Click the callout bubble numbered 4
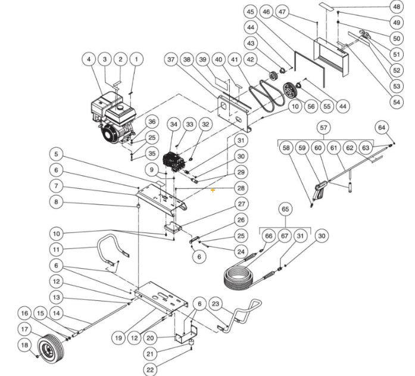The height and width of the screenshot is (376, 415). pyautogui.click(x=89, y=60)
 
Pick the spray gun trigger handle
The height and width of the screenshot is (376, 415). pyautogui.click(x=319, y=189)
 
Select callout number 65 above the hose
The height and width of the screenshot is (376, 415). pyautogui.click(x=285, y=209)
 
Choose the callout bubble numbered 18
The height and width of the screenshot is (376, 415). pyautogui.click(x=24, y=344)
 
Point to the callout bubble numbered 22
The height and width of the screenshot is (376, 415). pyautogui.click(x=151, y=370)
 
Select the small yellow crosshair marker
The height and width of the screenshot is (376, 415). pyautogui.click(x=213, y=191)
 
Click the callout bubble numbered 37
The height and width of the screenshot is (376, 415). pyautogui.click(x=171, y=60)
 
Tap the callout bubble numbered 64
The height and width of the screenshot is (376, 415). pyautogui.click(x=382, y=127)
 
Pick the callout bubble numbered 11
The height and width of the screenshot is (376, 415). pyautogui.click(x=56, y=248)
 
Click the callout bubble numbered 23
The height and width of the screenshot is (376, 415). pyautogui.click(x=216, y=303)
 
